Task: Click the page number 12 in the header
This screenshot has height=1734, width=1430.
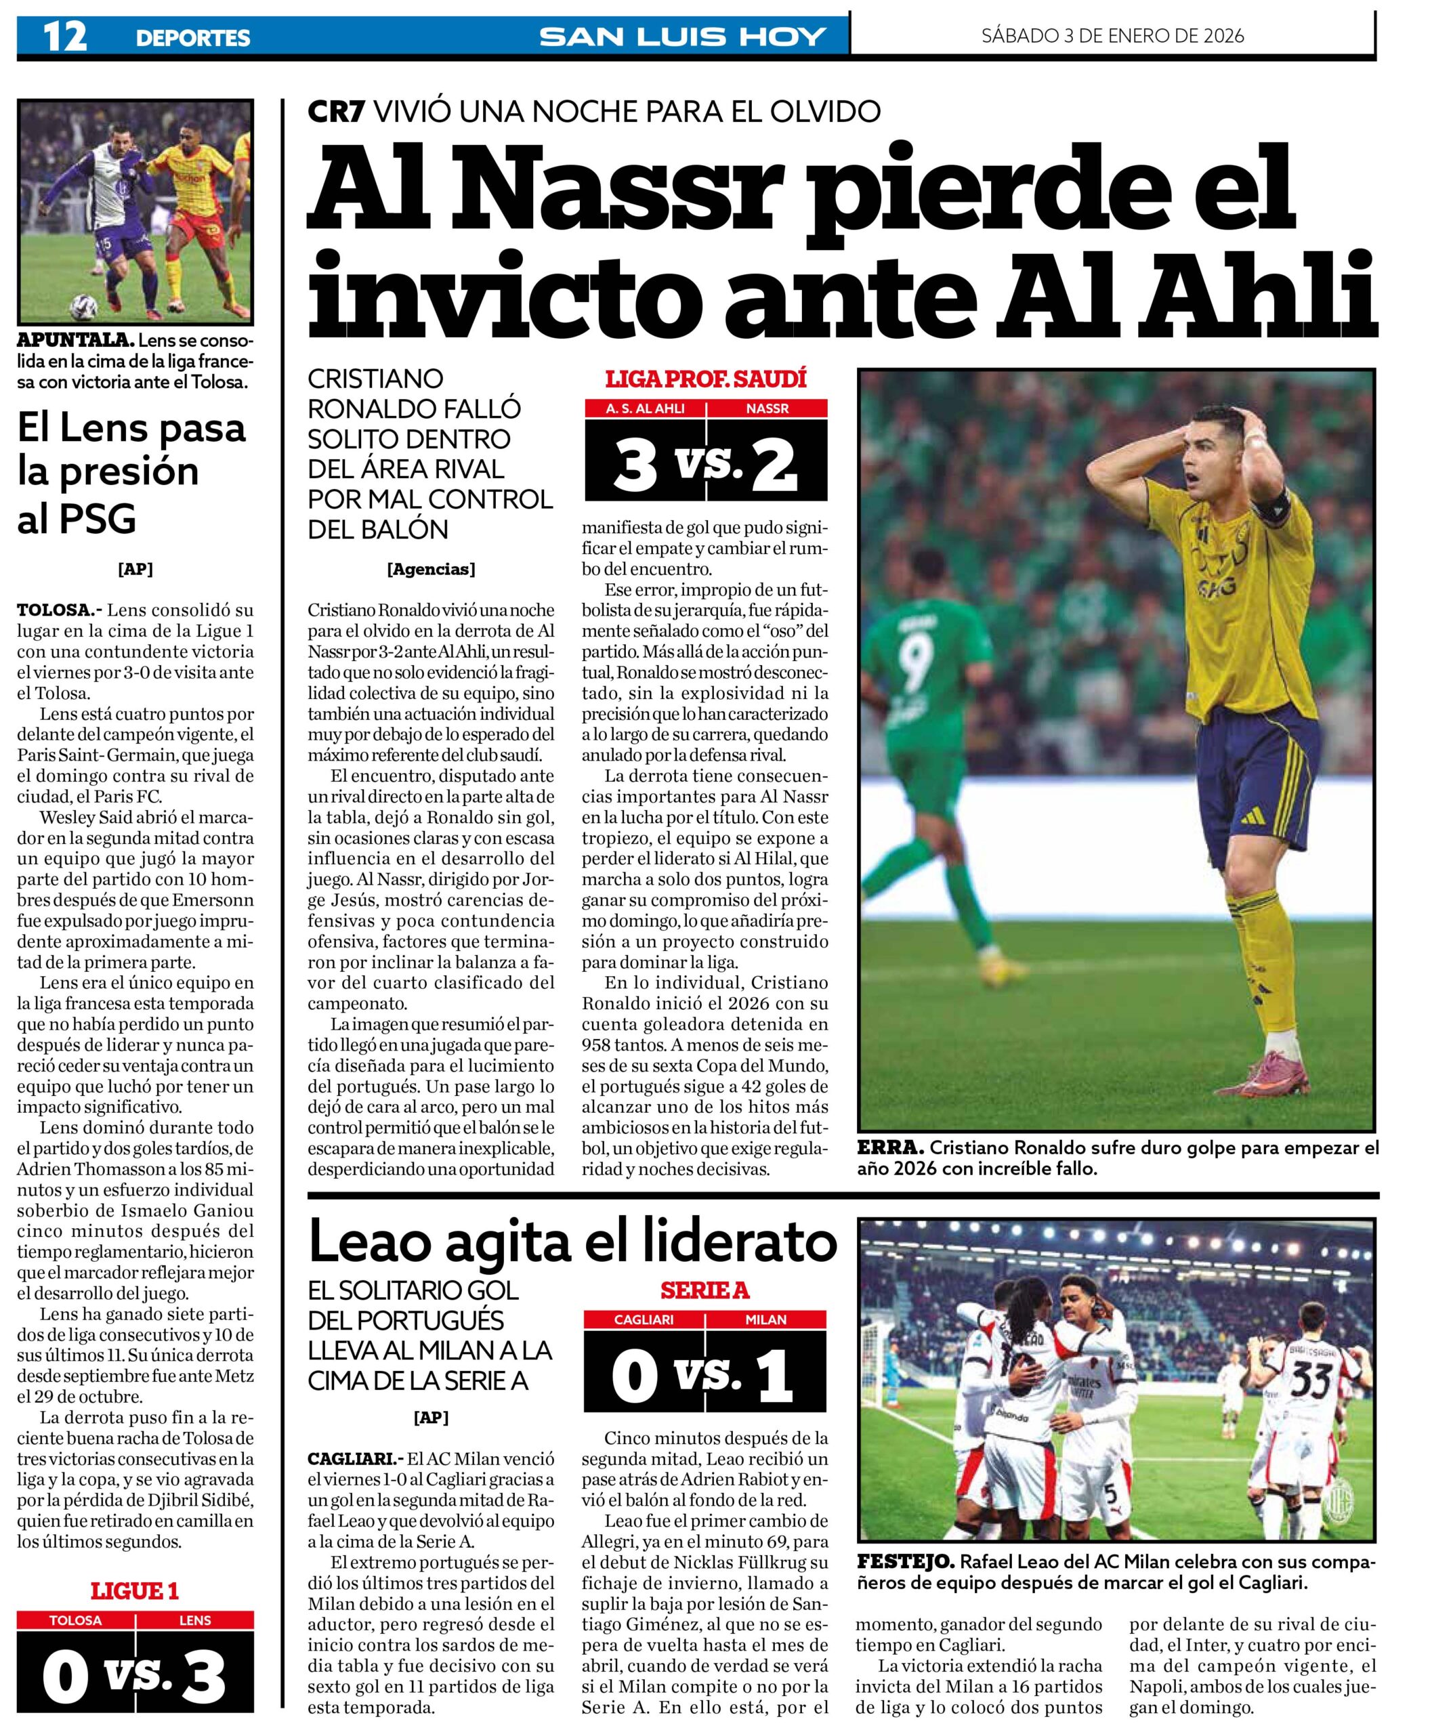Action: click(64, 37)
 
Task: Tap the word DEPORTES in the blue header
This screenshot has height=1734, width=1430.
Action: click(193, 38)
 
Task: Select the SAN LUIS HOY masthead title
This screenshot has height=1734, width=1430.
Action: click(683, 37)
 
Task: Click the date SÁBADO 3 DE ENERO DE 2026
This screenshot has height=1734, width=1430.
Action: click(1113, 37)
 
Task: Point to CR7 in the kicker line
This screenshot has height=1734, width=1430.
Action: click(336, 111)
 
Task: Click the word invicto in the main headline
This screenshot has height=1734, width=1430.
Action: click(502, 297)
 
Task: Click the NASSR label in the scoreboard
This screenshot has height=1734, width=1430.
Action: click(767, 408)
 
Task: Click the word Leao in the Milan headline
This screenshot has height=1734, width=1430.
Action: click(371, 1242)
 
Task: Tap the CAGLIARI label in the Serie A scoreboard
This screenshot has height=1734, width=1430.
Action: click(644, 1319)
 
